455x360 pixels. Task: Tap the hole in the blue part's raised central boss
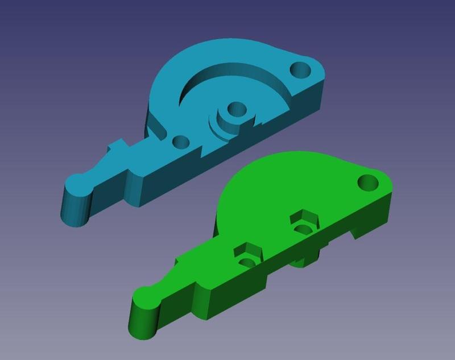pyautogui.click(x=233, y=107)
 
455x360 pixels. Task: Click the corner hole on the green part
pyautogui.click(x=369, y=183)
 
